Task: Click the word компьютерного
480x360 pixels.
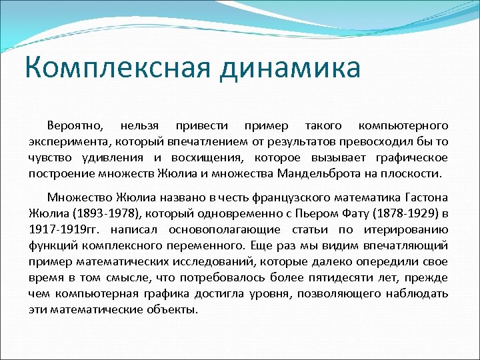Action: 403,125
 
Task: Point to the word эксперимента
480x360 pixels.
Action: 68,141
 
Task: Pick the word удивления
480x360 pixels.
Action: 119,157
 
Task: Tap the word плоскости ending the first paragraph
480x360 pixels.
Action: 414,173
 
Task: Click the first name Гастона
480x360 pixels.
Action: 427,198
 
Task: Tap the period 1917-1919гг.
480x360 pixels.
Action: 59,230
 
